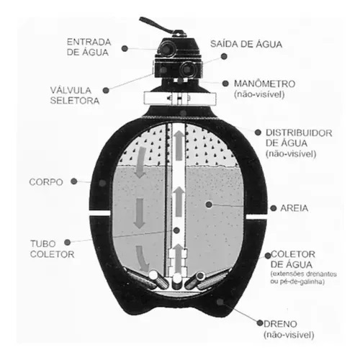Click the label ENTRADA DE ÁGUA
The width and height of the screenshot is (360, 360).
tap(89, 47)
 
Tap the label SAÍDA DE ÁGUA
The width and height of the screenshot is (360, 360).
tap(246, 44)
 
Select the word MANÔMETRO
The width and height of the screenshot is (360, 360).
tap(264, 84)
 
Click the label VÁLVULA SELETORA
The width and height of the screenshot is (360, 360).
tap(75, 95)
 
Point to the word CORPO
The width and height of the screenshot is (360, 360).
tap(46, 182)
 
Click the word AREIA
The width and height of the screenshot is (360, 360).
tap(294, 208)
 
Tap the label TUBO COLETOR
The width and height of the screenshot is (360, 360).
tap(52, 249)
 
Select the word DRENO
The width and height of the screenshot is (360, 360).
tap(280, 324)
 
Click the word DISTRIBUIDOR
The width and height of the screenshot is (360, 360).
tap(299, 133)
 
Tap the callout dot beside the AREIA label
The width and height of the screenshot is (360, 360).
tap(273, 208)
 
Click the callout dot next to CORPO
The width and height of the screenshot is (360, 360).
tap(74, 181)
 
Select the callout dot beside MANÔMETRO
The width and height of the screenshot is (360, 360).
tap(225, 84)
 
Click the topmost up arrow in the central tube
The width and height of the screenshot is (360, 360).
tap(179, 145)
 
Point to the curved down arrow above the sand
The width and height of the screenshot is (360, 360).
tap(140, 163)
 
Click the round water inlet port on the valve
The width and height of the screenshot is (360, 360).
tap(166, 48)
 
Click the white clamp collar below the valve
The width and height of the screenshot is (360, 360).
tap(180, 99)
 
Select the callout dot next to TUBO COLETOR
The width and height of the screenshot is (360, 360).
tap(68, 242)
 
